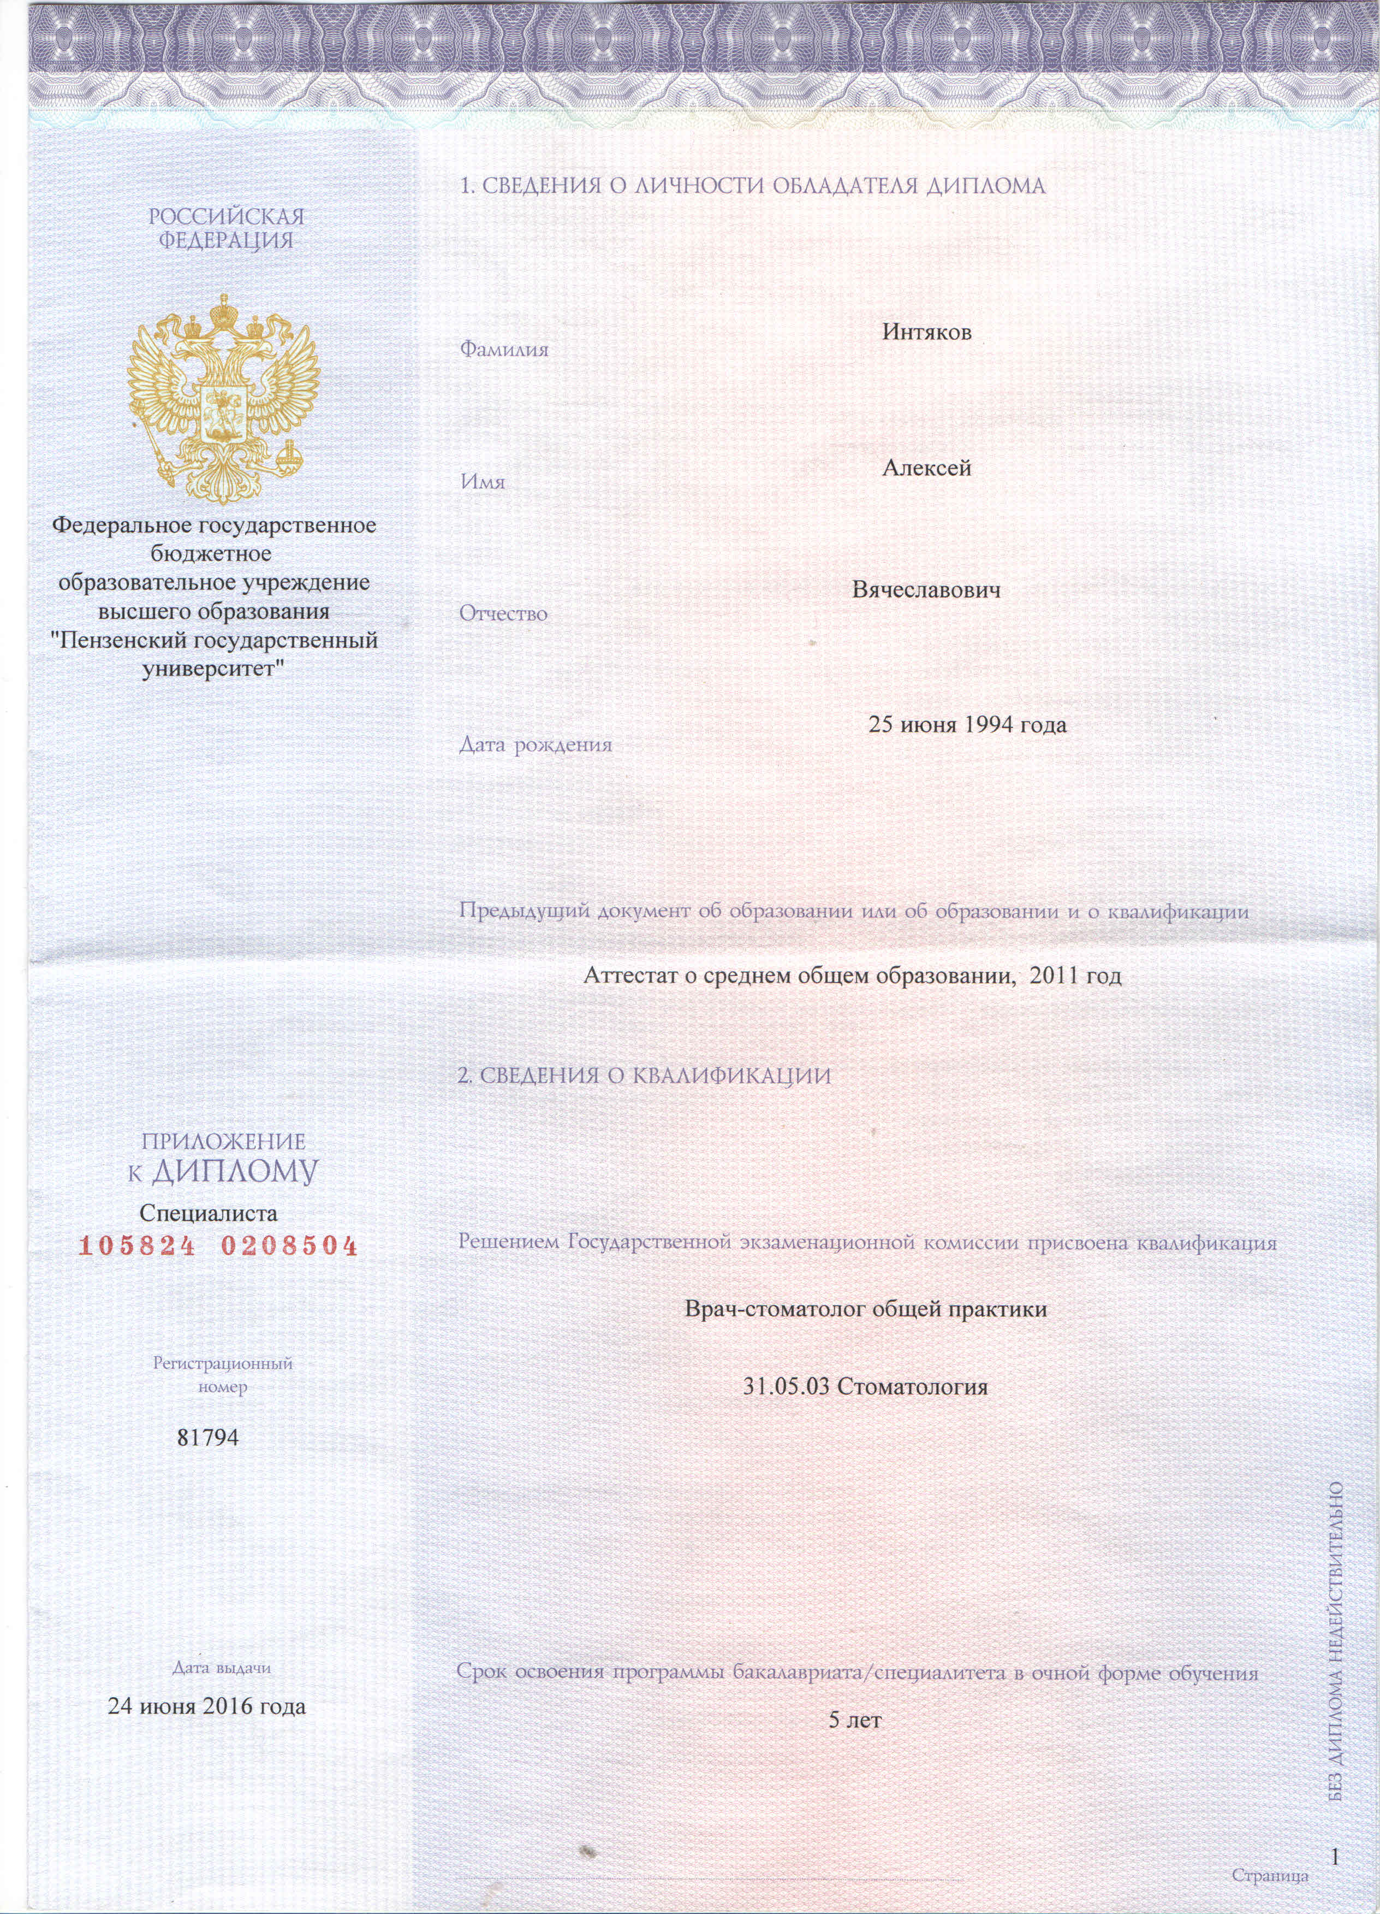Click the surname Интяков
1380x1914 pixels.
927,333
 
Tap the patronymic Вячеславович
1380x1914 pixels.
927,590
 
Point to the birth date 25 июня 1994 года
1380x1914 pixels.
967,724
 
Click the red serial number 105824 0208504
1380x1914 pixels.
218,1245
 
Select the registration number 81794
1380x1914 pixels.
207,1437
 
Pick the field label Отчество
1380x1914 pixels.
504,613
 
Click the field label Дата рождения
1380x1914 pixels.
536,745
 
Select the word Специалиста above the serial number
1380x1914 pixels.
209,1214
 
